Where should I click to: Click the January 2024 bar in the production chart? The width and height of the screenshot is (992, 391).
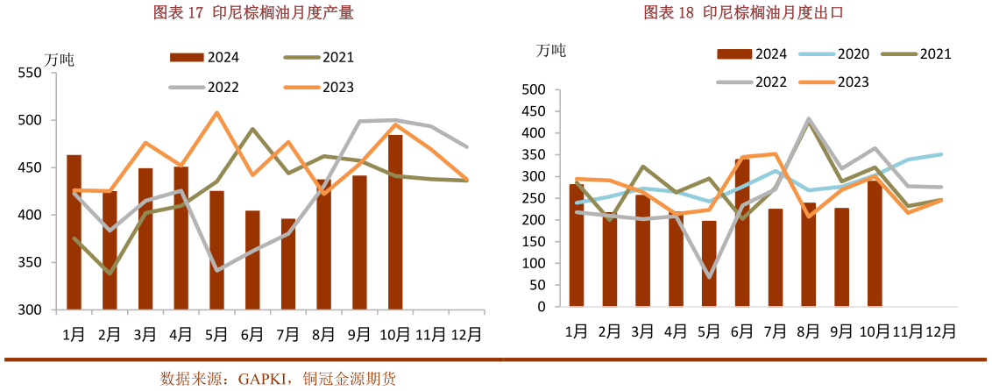[x=74, y=232]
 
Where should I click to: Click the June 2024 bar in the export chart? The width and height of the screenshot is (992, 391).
[x=741, y=233]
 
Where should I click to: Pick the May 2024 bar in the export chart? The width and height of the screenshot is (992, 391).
[x=708, y=264]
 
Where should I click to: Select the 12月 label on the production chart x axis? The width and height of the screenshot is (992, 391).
[x=465, y=334]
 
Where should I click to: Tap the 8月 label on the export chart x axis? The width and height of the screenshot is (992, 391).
[x=808, y=331]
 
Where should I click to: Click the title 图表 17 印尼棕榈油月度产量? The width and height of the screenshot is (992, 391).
[x=241, y=12]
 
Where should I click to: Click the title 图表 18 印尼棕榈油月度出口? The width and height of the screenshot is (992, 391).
[x=737, y=12]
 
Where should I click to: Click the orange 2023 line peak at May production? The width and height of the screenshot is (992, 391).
[x=216, y=113]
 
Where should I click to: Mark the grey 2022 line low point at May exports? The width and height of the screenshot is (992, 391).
[x=708, y=277]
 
